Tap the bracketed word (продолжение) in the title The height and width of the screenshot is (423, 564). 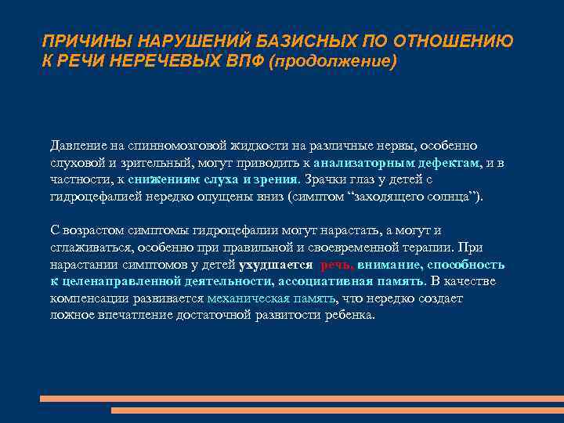click(x=333, y=61)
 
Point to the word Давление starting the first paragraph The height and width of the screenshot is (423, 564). click(x=75, y=146)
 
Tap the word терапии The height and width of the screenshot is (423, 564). click(x=433, y=248)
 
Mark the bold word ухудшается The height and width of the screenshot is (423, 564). click(x=275, y=265)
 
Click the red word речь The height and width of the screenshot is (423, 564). click(x=336, y=265)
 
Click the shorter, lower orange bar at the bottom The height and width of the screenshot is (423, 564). click(x=337, y=410)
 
